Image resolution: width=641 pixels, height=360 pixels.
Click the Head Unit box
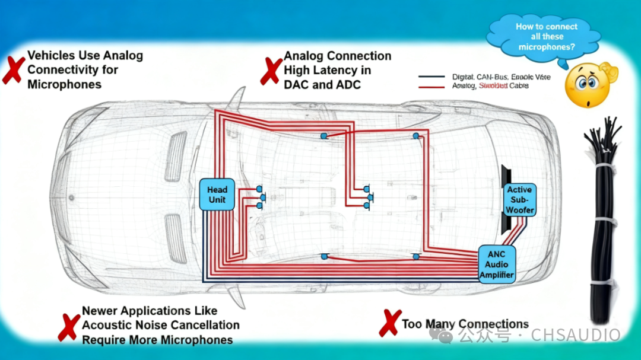coord(217,195)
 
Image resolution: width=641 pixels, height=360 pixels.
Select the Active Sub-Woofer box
coord(519,200)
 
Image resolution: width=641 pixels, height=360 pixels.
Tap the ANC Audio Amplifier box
coord(496,264)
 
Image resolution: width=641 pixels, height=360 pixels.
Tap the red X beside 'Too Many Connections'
coord(389,323)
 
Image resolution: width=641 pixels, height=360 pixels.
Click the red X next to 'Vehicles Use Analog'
coord(13,69)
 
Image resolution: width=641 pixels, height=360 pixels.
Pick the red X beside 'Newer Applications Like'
coord(69,327)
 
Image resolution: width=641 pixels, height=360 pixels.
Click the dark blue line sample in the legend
coord(431,77)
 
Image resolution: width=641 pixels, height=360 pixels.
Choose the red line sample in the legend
coord(431,87)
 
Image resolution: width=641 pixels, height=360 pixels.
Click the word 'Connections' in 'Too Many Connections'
coord(494,324)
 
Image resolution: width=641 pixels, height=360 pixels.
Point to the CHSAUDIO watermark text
coord(576,335)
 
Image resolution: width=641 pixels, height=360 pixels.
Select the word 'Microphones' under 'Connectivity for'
coord(64,84)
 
